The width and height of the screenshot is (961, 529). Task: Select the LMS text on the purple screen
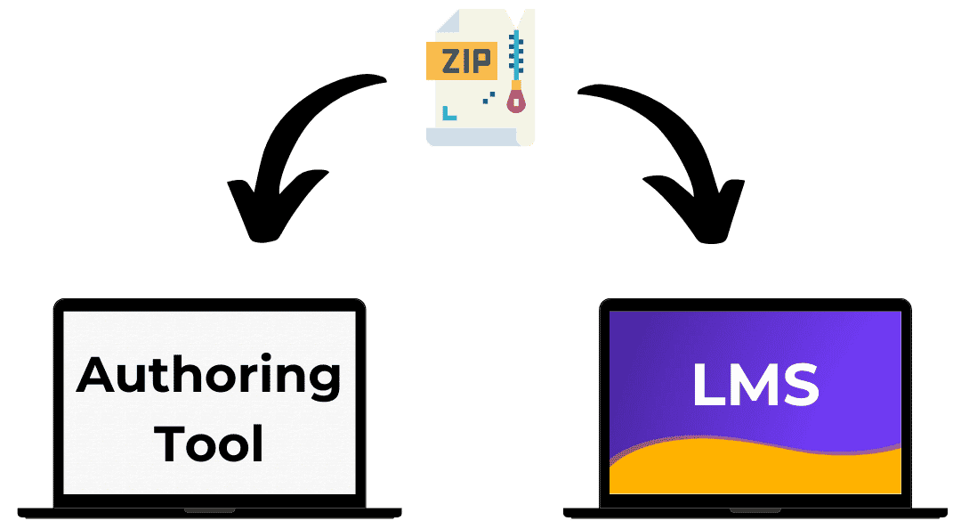[755, 384]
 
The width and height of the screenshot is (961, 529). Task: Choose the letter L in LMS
[708, 384]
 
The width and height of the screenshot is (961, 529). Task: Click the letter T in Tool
[170, 442]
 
